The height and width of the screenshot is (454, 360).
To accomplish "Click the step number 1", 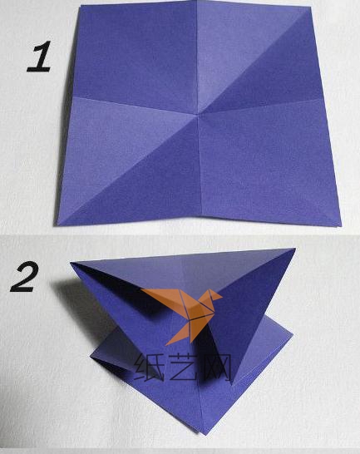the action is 39,57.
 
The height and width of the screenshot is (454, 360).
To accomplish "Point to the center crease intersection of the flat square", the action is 198,115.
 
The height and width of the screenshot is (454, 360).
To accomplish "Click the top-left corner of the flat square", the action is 81,6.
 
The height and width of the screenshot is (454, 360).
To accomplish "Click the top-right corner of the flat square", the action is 311,7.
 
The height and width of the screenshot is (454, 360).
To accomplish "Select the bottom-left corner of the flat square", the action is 57,225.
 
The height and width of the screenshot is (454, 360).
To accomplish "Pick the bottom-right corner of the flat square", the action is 341,225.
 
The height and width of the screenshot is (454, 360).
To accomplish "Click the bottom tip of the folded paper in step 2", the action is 205,434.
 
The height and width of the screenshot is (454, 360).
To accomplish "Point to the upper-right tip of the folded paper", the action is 295,249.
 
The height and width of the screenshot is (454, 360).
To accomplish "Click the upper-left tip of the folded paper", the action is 71,263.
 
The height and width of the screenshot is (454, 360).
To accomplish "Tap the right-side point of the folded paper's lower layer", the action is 293,335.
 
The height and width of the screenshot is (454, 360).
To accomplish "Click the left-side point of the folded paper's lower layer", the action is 91,356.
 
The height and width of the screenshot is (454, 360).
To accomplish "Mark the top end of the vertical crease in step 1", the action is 196,2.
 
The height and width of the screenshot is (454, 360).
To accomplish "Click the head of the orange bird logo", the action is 215,295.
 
